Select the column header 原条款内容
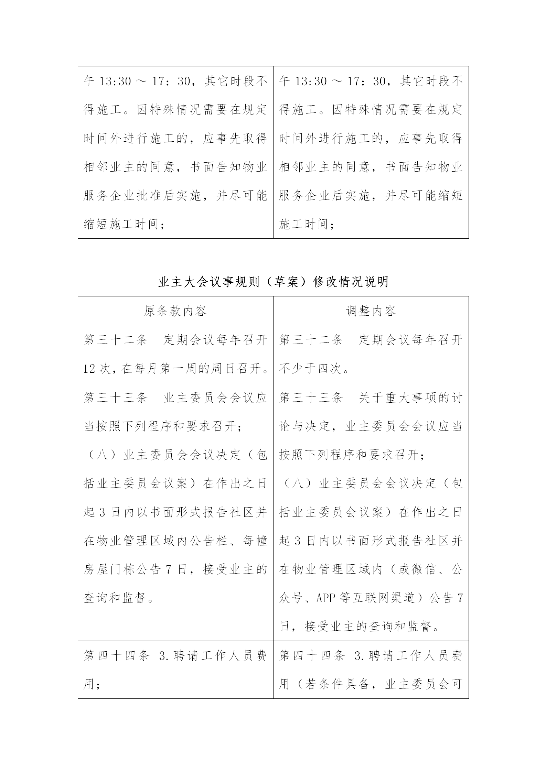pyautogui.click(x=175, y=311)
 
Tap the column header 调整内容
pyautogui.click(x=371, y=311)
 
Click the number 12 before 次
pyautogui.click(x=89, y=369)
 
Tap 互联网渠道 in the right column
pyautogui.click(x=384, y=598)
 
